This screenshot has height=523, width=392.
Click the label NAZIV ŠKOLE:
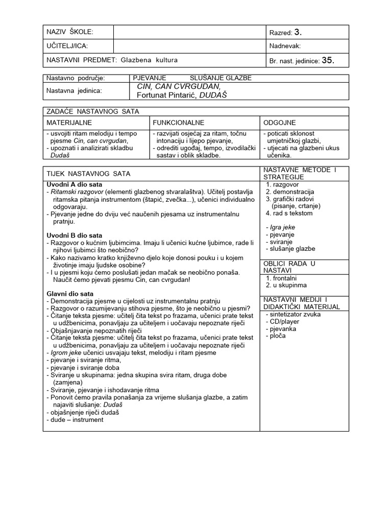pos(70,32)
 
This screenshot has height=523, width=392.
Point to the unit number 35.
pos(328,61)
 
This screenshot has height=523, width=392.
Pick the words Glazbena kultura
pos(149,60)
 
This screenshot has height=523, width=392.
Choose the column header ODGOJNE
pos(280,123)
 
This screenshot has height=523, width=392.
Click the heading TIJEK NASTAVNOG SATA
pos(84,174)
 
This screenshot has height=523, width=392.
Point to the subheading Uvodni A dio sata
pos(74,184)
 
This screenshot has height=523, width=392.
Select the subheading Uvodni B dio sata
pos(74,235)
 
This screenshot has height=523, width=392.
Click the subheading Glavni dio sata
pos(70,294)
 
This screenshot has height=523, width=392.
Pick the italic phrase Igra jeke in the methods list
pos(282,227)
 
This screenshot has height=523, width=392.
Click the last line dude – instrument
pos(75,419)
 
